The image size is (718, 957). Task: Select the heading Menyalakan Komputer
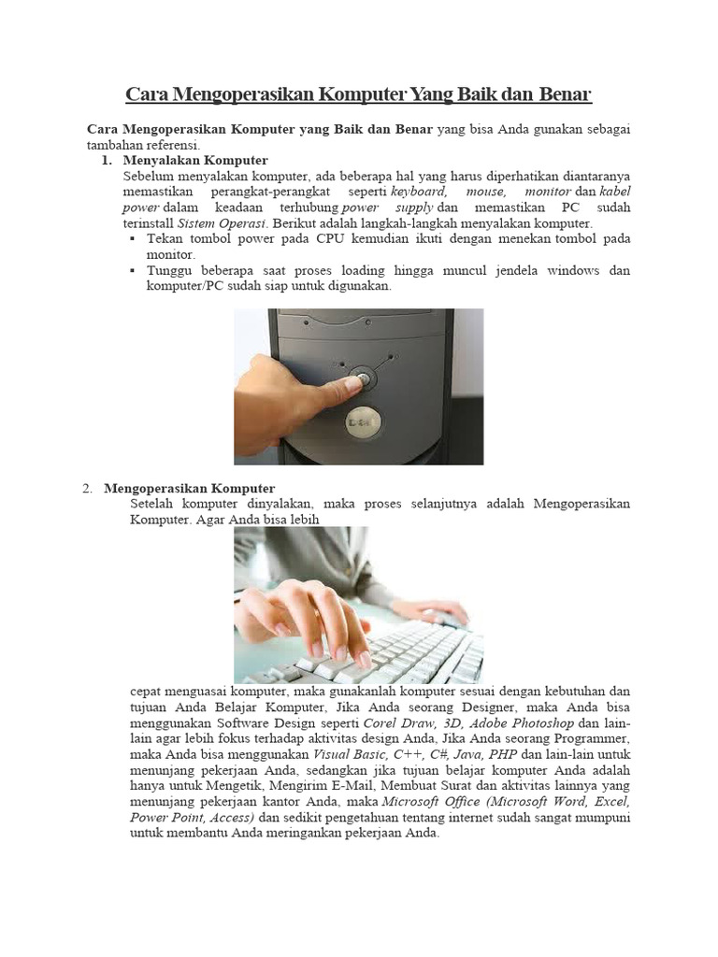[x=195, y=161]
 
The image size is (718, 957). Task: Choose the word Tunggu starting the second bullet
[x=170, y=271]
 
